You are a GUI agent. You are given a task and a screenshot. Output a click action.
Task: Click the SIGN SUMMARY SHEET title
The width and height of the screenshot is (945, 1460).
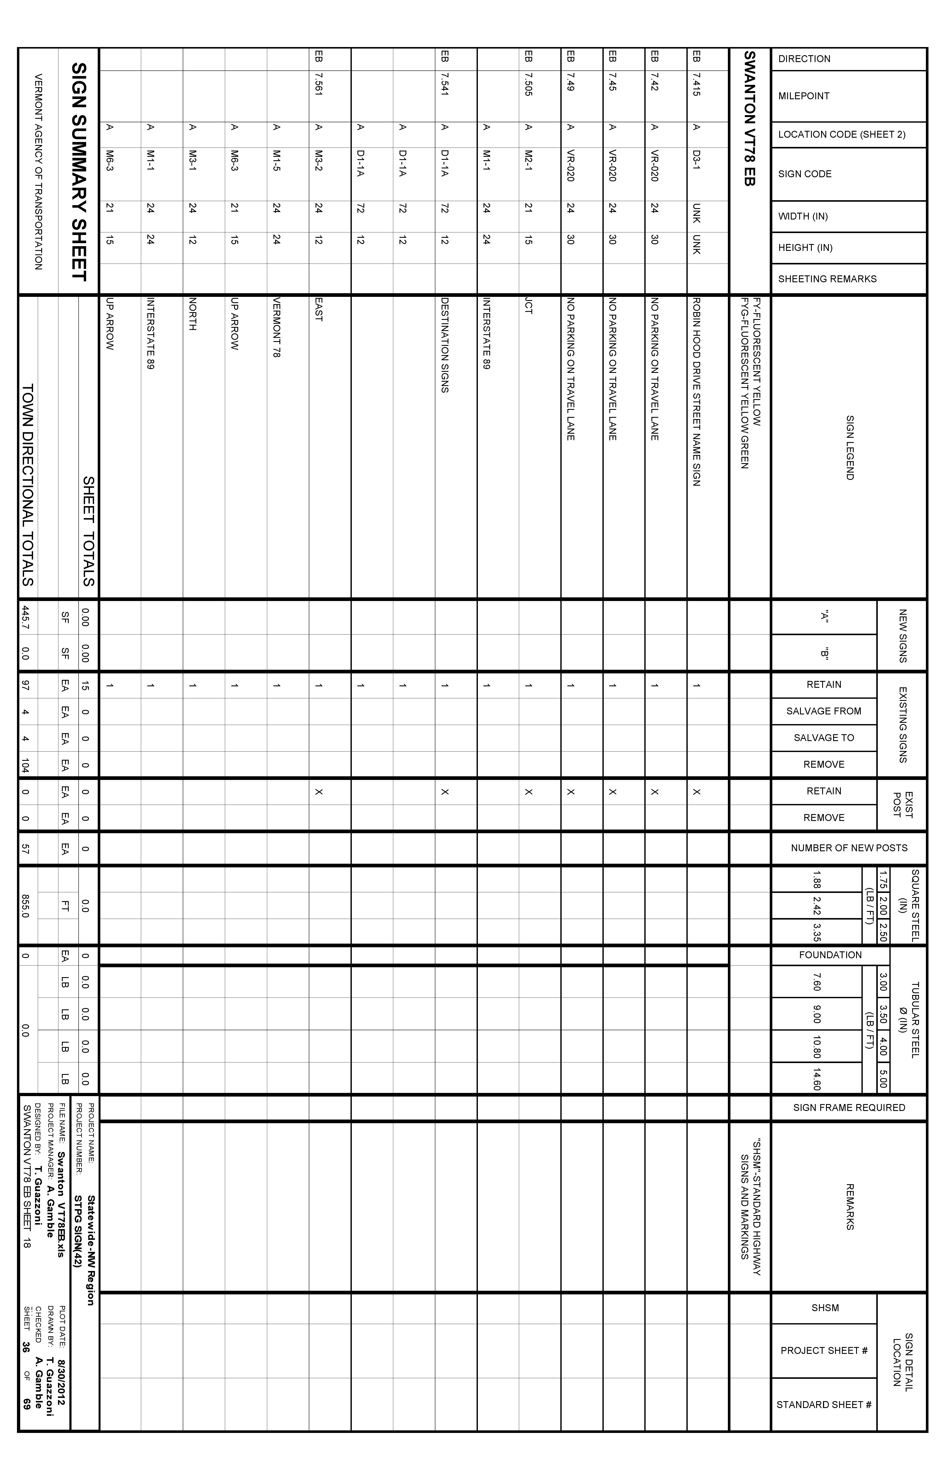[x=79, y=172]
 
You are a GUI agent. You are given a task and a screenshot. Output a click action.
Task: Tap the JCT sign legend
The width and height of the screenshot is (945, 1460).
[x=528, y=307]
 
